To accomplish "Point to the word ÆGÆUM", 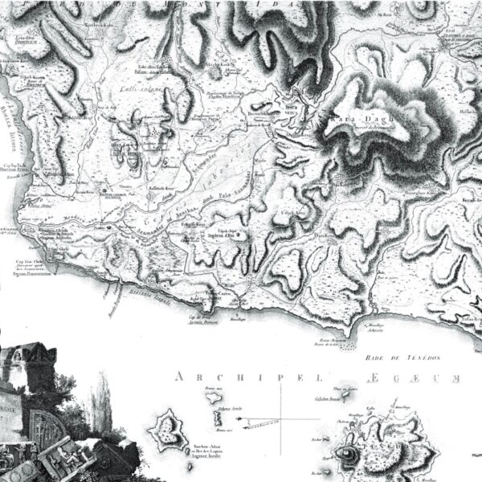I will tap(429, 376).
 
